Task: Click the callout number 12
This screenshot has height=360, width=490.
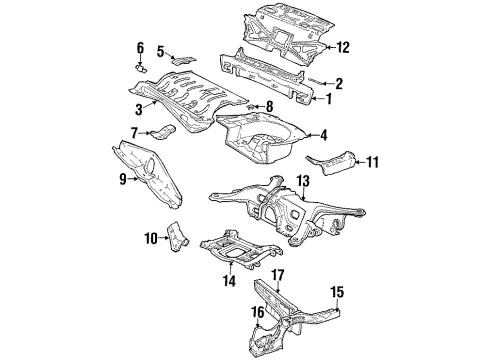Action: [x=343, y=47]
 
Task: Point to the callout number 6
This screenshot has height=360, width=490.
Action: [x=140, y=47]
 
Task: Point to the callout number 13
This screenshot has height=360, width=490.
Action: [x=303, y=181]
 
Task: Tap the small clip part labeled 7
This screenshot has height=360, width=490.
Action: [x=163, y=131]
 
